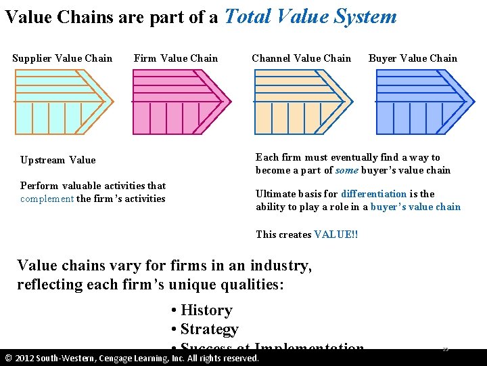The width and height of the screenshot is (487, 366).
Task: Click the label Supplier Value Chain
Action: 62,58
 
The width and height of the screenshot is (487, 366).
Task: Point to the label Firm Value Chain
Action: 176,58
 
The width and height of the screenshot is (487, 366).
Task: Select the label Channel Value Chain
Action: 301,58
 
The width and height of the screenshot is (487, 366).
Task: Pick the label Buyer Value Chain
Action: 413,58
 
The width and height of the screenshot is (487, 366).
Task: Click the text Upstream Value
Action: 58,161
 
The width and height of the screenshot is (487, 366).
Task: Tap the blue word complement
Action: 47,199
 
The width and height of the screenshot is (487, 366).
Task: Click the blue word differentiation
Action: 373,194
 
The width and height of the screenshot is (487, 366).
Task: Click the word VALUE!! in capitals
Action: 336,235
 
